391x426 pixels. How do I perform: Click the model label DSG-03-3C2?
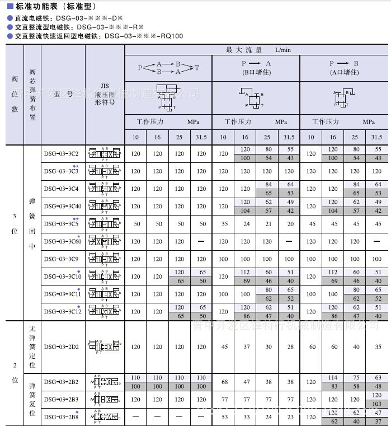click(x=61, y=153)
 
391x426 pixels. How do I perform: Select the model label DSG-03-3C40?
click(x=63, y=206)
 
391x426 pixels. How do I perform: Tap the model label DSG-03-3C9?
click(x=61, y=259)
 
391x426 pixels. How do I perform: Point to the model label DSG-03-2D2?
click(x=61, y=347)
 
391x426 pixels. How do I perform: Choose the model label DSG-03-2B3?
click(x=61, y=399)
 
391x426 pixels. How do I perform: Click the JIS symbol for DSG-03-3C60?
click(x=105, y=241)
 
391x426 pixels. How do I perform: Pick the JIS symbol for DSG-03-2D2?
click(x=105, y=347)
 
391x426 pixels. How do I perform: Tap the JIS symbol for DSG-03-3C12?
click(x=105, y=311)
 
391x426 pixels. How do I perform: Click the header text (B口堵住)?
click(x=256, y=72)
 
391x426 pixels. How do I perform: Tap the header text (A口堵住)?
click(x=344, y=72)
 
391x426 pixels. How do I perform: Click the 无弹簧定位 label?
click(x=32, y=347)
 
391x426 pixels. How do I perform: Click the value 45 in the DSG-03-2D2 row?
click(x=224, y=347)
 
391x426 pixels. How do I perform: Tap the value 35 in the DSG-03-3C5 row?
click(x=224, y=224)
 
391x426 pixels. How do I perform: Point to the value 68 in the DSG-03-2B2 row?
click(x=224, y=382)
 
